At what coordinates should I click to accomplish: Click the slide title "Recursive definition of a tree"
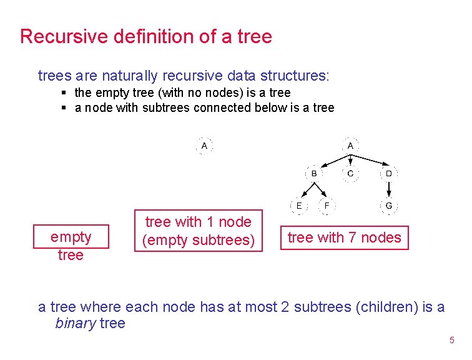145,36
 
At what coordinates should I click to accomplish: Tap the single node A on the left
204,146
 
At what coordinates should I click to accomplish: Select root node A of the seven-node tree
350,146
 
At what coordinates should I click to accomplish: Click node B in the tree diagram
313,173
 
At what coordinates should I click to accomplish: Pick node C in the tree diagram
350,173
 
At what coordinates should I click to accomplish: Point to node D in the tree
388,173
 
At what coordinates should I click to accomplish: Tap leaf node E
300,206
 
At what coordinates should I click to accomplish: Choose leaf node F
327,206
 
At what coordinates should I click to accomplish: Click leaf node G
388,206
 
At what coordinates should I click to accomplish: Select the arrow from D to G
388,189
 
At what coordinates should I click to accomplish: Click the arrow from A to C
350,159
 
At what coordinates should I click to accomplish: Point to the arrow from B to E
307,190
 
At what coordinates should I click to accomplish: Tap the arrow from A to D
371,160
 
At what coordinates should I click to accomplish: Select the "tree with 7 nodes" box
344,237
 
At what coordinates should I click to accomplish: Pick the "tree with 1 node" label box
199,231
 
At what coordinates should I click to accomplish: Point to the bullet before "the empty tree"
64,93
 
